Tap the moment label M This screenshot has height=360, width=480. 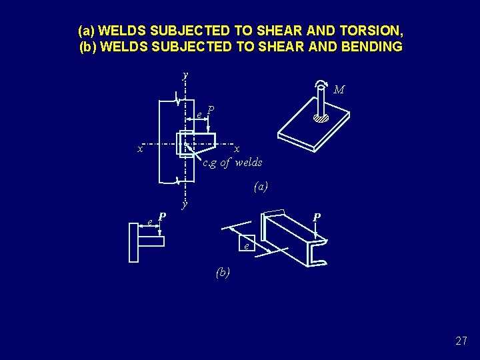[x=339, y=89]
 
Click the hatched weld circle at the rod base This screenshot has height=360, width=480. [x=321, y=119]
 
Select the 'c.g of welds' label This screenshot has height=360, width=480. [x=233, y=163]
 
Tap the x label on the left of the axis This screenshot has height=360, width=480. [x=140, y=149]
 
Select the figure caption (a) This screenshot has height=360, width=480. [x=261, y=187]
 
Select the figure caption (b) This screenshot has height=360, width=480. [x=223, y=272]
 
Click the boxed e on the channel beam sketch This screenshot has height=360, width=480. [x=247, y=246]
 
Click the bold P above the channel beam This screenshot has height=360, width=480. [x=317, y=218]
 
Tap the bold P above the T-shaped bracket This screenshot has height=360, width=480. [x=162, y=217]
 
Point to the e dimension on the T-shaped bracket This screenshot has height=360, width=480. [x=150, y=221]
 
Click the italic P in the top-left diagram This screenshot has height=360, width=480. [x=211, y=109]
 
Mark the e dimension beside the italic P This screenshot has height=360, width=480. [x=199, y=115]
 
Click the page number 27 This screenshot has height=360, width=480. [x=461, y=341]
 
